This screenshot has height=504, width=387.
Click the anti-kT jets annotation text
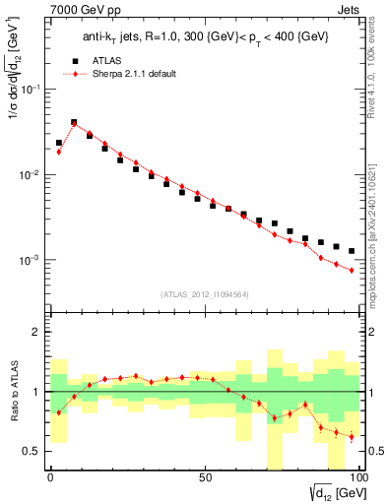[x=203, y=37]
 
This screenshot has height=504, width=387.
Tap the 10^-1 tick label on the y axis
[x=30, y=89]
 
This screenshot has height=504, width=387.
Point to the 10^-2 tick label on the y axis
[x=30, y=174]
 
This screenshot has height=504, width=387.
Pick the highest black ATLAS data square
[x=74, y=123]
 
